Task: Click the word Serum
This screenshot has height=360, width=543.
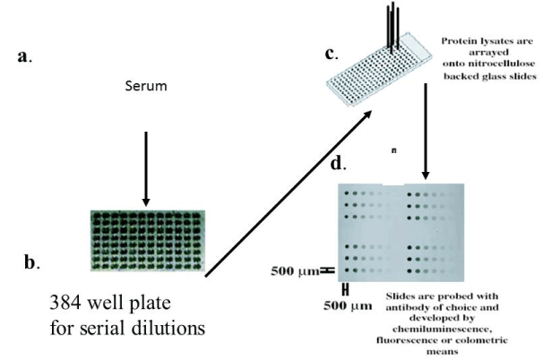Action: tap(146, 86)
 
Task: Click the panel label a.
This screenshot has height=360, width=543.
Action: tap(24, 56)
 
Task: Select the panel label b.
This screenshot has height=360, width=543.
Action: tap(31, 262)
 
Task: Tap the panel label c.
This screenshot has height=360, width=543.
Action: tap(331, 54)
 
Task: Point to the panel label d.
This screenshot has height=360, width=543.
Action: tap(338, 163)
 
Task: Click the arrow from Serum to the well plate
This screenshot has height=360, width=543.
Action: tap(146, 169)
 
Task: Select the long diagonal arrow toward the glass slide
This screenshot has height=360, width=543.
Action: tap(289, 193)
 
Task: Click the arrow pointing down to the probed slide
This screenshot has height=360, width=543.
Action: tap(426, 131)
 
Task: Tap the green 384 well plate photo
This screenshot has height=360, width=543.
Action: tap(148, 241)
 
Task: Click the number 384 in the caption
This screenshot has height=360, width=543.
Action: tap(65, 303)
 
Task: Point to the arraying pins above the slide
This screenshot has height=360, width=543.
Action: tap(392, 27)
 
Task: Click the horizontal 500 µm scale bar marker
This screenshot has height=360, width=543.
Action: tap(327, 270)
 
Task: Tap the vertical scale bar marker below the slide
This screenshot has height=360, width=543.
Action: tap(345, 290)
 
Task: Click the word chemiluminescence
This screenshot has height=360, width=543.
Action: tap(442, 329)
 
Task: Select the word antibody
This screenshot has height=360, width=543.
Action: tap(407, 307)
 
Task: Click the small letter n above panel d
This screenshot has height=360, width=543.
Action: tap(393, 150)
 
